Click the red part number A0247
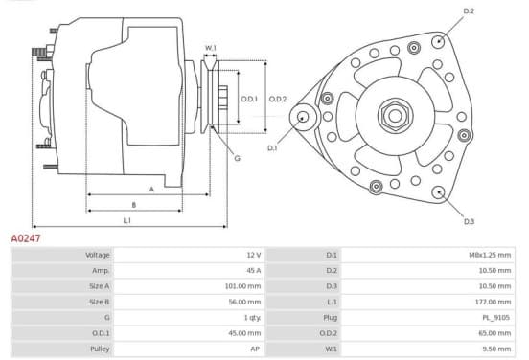[x=26, y=238]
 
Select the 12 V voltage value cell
[x=254, y=255]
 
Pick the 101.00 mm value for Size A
[x=242, y=286]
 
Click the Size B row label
[x=100, y=302]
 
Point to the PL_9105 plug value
[x=496, y=318]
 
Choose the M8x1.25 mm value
[x=490, y=255]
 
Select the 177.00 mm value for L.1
[x=493, y=302]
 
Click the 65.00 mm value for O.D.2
[x=494, y=333]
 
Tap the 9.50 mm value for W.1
[x=496, y=349]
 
